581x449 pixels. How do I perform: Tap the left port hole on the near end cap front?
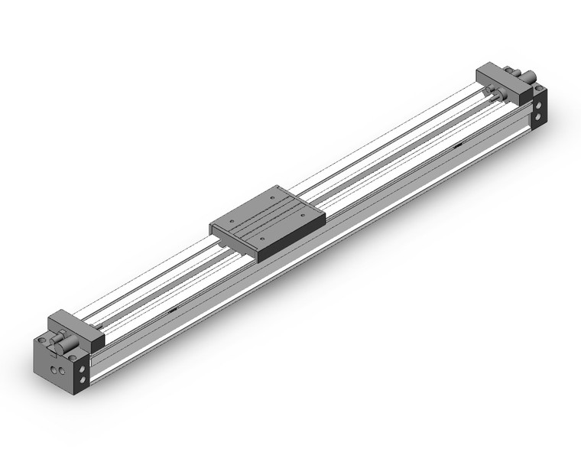53,369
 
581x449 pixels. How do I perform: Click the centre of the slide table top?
268,218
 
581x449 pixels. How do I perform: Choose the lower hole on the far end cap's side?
539,117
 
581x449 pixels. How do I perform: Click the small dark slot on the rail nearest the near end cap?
174,309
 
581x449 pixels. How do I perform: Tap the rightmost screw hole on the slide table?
305,217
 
